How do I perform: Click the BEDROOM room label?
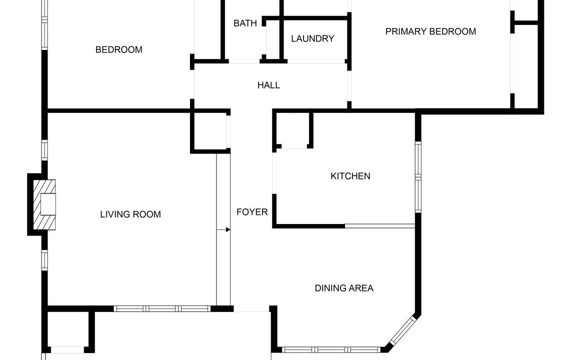click(118, 49)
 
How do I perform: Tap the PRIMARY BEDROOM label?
click(430, 31)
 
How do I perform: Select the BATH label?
click(245, 23)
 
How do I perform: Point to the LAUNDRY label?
click(312, 38)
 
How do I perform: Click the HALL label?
click(268, 85)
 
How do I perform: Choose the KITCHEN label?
click(350, 176)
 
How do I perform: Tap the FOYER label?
click(252, 212)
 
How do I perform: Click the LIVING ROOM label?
click(130, 214)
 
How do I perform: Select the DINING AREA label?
click(344, 288)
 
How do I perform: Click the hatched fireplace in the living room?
click(44, 204)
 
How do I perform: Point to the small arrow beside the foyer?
click(223, 229)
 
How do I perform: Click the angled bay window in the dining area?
click(402, 330)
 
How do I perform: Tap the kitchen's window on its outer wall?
click(418, 177)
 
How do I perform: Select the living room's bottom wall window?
click(162, 309)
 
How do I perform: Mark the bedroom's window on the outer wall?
click(44, 24)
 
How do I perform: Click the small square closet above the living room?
click(210, 131)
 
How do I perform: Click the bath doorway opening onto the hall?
click(244, 61)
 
